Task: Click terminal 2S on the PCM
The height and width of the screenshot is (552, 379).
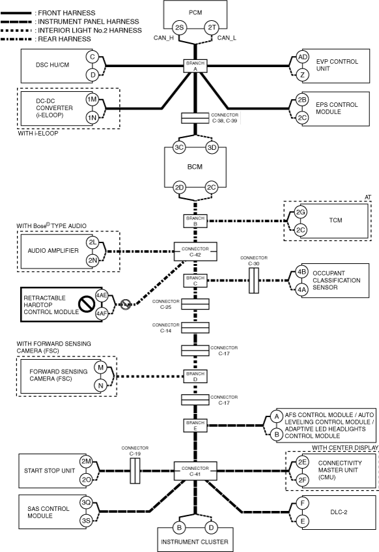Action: click(x=179, y=27)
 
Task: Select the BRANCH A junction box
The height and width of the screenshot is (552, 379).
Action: click(x=195, y=66)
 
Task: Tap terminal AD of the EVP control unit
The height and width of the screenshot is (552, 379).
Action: click(x=302, y=57)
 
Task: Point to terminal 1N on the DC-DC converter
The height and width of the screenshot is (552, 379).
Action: click(x=92, y=117)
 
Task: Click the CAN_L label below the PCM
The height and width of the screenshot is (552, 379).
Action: click(x=227, y=38)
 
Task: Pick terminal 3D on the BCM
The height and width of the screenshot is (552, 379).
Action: click(x=212, y=147)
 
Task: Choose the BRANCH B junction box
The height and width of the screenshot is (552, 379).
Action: click(x=195, y=221)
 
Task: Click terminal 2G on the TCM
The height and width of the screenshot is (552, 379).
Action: click(x=300, y=212)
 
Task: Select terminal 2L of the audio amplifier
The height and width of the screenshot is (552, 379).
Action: click(x=92, y=242)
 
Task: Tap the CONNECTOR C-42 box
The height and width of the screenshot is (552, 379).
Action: click(x=195, y=252)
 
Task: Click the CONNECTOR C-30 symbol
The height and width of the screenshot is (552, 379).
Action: click(x=254, y=281)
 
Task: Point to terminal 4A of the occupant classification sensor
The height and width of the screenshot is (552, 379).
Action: click(x=302, y=290)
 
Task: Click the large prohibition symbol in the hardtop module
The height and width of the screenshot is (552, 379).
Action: click(x=85, y=305)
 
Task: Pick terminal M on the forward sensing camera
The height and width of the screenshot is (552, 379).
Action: click(x=101, y=368)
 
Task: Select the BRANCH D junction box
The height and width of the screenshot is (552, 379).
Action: click(x=195, y=377)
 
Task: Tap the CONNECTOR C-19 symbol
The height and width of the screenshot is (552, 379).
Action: click(x=135, y=471)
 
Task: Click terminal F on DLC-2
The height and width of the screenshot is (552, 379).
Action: click(x=303, y=503)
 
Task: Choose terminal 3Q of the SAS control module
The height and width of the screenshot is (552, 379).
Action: click(x=86, y=502)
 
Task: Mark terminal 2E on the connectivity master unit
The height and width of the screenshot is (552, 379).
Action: click(x=302, y=462)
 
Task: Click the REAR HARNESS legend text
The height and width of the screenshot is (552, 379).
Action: click(x=64, y=39)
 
